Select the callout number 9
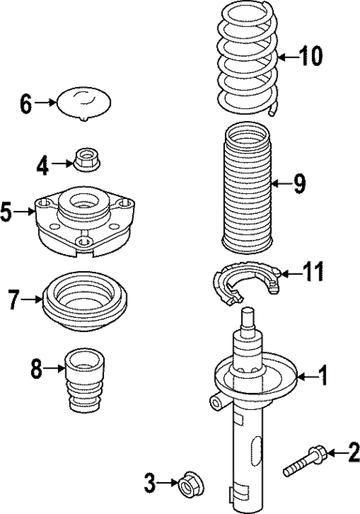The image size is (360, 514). pos(298,183)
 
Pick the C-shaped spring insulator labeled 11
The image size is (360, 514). pos(244,284)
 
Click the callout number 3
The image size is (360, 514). pos(150,485)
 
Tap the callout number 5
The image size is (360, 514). pos(7,213)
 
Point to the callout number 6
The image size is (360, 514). pos(26,103)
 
